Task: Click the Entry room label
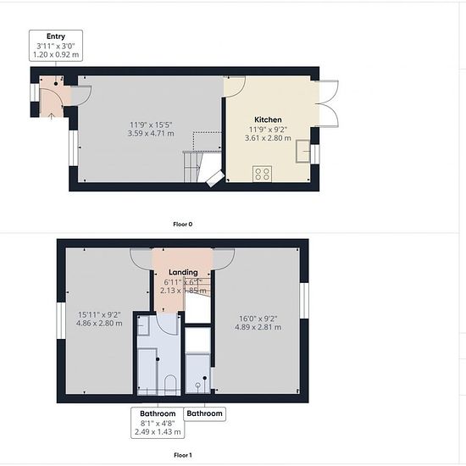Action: point(56,36)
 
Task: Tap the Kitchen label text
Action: point(268,119)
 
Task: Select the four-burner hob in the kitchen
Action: point(262,174)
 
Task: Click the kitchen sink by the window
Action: point(302,152)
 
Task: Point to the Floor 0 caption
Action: point(183,224)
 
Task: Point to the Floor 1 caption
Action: point(183,455)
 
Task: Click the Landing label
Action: point(183,272)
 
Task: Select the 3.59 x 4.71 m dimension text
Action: point(151,133)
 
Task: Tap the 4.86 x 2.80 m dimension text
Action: point(99,323)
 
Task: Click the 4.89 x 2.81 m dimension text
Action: point(258,327)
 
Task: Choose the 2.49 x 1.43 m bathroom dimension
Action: point(158,431)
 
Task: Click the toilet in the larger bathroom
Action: point(170,386)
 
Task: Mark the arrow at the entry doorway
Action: point(51,116)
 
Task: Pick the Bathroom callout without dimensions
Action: point(204,413)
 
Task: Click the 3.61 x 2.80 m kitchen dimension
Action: point(268,138)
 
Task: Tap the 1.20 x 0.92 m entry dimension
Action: point(56,55)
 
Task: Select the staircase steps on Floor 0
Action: point(191,167)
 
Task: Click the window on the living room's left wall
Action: point(73,148)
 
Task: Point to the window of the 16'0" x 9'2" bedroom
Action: point(304,301)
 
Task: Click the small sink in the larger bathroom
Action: point(143,326)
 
